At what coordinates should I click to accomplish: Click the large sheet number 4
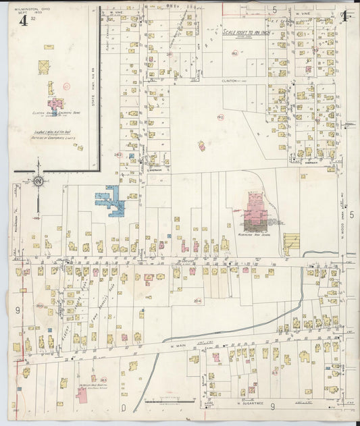point(23,20)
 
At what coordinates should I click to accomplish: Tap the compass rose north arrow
point(38,181)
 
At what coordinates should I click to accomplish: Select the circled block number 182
point(235,53)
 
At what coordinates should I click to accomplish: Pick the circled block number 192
point(220,117)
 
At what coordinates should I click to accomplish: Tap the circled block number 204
point(198,300)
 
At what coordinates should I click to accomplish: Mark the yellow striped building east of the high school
point(291,240)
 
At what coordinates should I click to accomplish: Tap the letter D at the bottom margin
point(124,408)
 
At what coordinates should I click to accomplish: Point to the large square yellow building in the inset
point(45,66)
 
